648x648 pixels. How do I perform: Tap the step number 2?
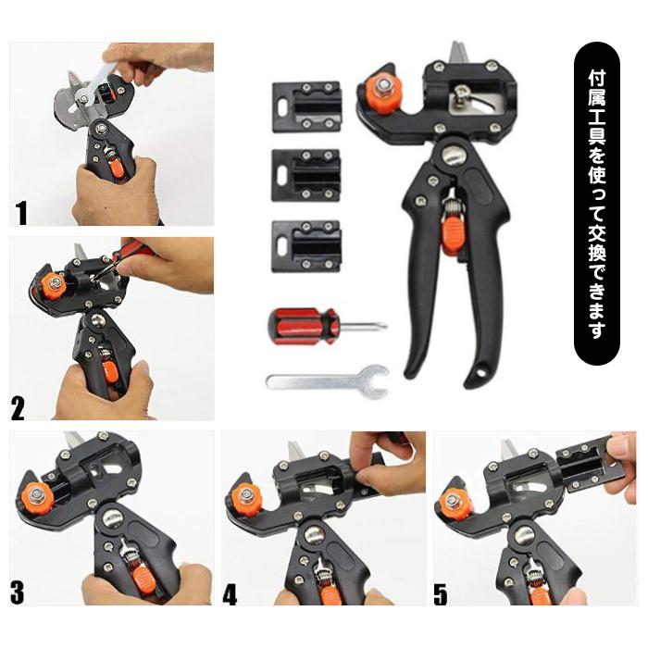18,407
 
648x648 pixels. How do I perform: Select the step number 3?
17,593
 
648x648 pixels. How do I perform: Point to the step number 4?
230,594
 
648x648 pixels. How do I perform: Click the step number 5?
441,594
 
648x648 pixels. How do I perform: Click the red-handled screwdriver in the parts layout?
327,326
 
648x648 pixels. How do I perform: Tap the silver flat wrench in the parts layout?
327,381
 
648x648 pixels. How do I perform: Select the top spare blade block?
306,107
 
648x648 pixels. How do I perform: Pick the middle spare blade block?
306,175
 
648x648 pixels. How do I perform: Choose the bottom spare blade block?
306,246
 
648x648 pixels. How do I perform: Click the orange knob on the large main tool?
381,93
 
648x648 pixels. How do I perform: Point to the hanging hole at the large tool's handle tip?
480,372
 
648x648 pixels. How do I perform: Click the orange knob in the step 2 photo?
53,283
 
